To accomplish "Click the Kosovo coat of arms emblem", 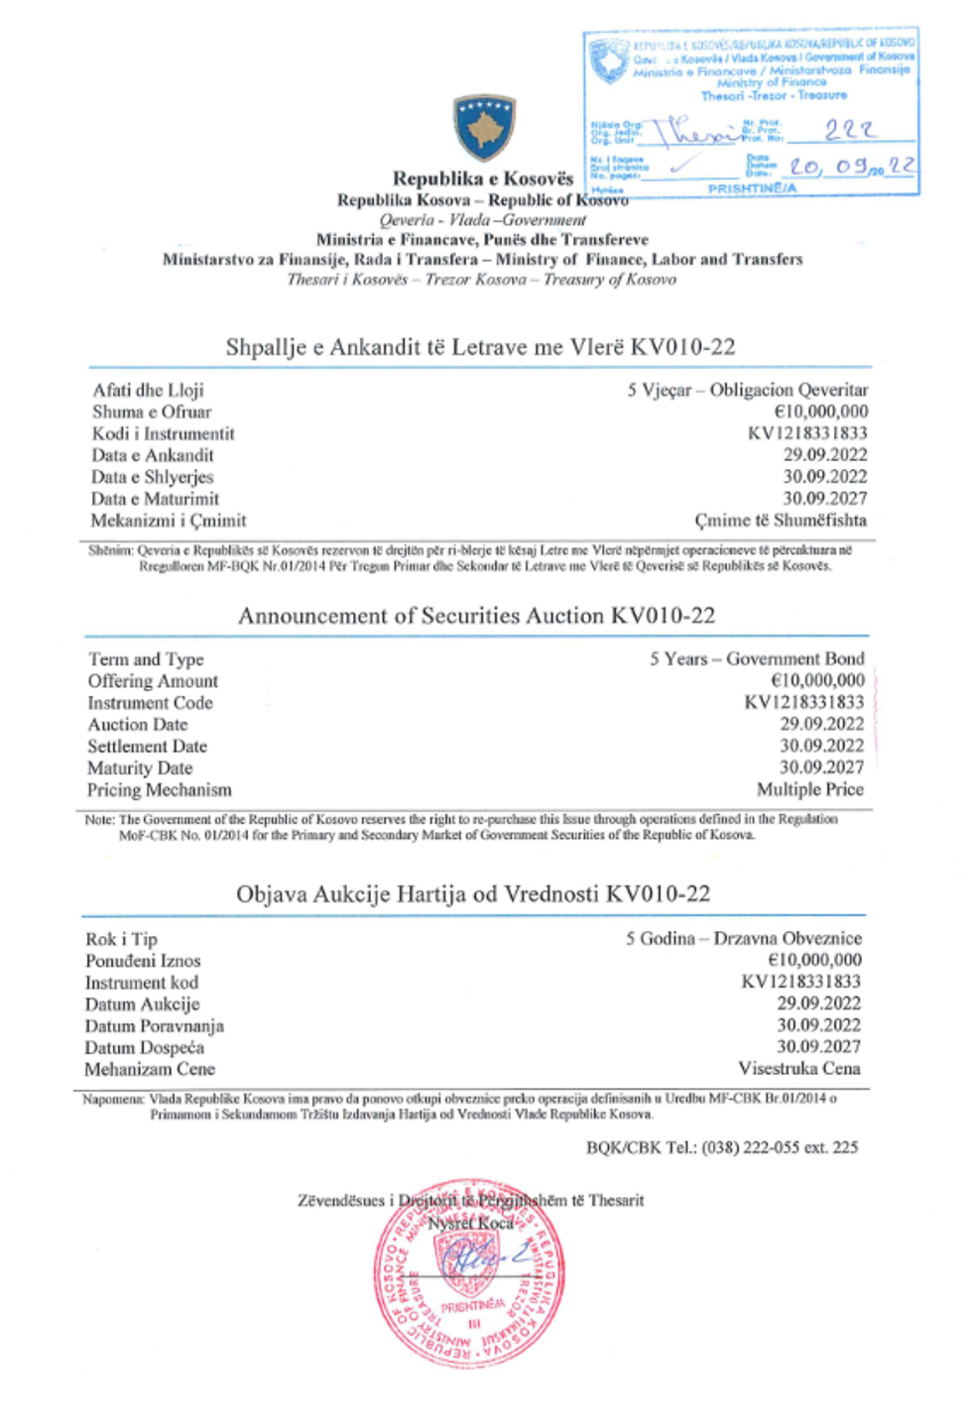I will [x=484, y=127].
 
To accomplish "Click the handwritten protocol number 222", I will [x=850, y=130].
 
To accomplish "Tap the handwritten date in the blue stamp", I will [x=852, y=166].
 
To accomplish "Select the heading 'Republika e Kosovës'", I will [x=483, y=178].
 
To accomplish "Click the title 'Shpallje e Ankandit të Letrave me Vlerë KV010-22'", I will [x=480, y=347].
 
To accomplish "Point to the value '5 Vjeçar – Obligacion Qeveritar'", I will [x=747, y=390].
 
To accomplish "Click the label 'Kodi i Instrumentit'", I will [x=164, y=433].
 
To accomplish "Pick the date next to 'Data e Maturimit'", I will [x=824, y=498].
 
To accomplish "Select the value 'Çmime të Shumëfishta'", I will [x=781, y=520].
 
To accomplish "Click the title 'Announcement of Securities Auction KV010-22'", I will [x=476, y=616].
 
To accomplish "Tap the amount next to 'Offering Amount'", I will [x=817, y=680].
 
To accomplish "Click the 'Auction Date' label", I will [x=138, y=724].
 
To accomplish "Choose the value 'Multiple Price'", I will [x=809, y=789].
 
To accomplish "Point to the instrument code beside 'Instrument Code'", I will [x=803, y=702].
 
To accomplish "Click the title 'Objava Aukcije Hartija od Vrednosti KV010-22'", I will [x=473, y=894].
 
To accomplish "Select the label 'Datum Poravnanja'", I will [x=155, y=1025].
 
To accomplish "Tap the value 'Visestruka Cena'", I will [x=798, y=1068].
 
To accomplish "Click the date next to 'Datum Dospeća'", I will [x=818, y=1046].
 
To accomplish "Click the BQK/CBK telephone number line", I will [x=722, y=1147].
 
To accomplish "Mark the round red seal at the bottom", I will [x=470, y=1273].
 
